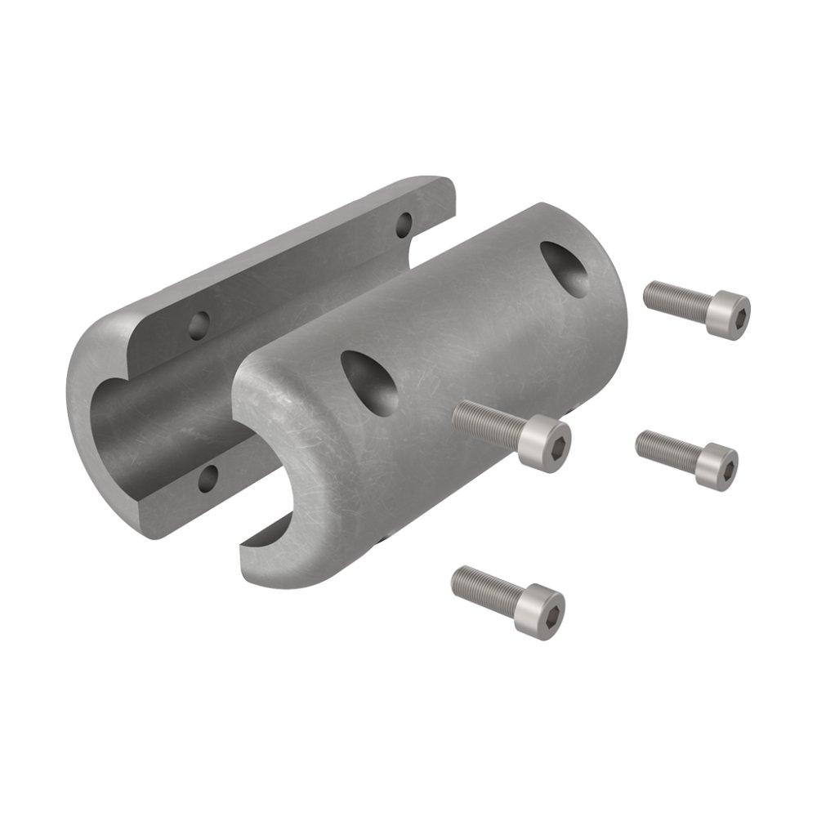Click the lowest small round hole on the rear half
click(x=208, y=475)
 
